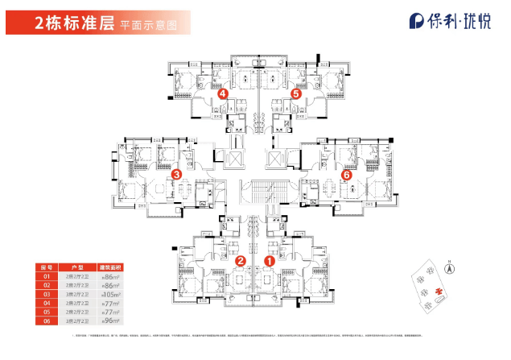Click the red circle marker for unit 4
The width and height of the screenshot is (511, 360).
point(223,94)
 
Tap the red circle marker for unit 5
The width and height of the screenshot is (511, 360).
point(295,94)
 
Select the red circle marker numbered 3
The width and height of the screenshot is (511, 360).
point(177,173)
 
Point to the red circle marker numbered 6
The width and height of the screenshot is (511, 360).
point(347,174)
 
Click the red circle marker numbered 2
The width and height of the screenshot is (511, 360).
point(240,260)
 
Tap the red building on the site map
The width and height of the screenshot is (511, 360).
point(439,291)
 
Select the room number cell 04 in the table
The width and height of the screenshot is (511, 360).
point(46,303)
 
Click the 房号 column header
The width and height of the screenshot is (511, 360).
point(46,267)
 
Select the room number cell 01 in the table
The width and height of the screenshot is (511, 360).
point(46,276)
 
